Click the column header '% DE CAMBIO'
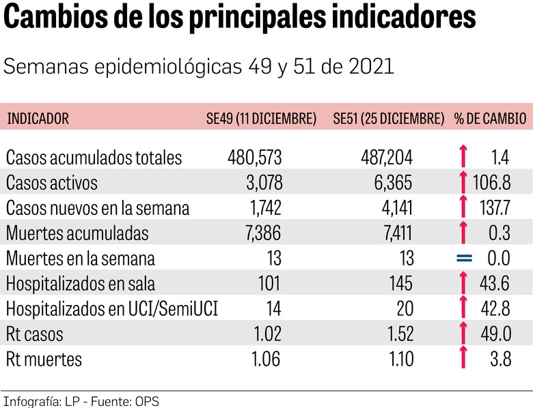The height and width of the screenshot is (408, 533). pyautogui.click(x=490, y=119)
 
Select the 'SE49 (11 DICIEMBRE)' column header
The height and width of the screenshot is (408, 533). pyautogui.click(x=261, y=119)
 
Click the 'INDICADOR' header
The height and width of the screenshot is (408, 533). pyautogui.click(x=38, y=119)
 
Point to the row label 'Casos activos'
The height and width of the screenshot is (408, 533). pyautogui.click(x=52, y=183)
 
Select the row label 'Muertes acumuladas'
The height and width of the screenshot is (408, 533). pyautogui.click(x=77, y=233)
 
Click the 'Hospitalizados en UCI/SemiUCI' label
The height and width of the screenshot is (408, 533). pyautogui.click(x=111, y=309)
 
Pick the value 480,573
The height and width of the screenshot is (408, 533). pyautogui.click(x=254, y=158)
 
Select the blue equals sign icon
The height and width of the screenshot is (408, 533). pyautogui.click(x=464, y=259)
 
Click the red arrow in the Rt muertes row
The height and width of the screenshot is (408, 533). pyautogui.click(x=463, y=358)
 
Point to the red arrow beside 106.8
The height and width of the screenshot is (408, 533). pyautogui.click(x=463, y=183)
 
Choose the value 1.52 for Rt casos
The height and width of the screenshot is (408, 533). pyautogui.click(x=396, y=334)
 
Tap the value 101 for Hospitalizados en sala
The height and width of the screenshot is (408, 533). pyautogui.click(x=268, y=284)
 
